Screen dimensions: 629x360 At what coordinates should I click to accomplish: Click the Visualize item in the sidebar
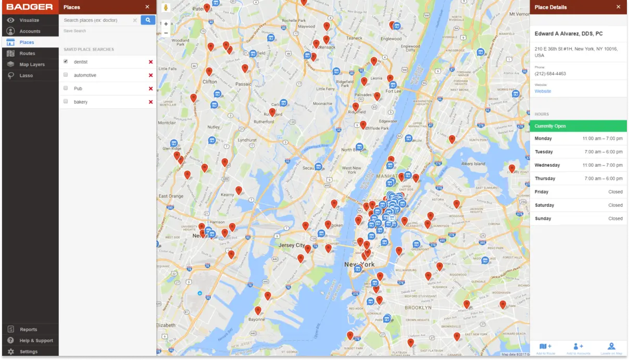29,20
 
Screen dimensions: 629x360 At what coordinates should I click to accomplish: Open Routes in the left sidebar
27,54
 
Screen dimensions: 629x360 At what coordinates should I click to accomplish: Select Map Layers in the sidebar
32,65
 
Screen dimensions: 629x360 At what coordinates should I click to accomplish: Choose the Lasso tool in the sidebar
26,76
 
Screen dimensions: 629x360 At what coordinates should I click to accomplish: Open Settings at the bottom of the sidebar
28,352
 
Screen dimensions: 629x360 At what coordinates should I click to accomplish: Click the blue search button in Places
148,20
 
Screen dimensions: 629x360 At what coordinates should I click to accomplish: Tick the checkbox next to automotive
66,75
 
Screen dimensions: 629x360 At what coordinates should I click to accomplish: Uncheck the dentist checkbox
66,61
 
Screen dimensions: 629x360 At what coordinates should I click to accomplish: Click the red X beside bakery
150,102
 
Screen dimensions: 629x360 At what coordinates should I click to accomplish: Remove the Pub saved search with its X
150,89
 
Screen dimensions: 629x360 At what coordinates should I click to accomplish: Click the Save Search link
75,31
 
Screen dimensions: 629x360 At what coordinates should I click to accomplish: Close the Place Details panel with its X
618,7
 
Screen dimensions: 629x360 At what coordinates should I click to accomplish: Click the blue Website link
543,91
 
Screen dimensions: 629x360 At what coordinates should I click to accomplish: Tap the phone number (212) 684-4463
550,74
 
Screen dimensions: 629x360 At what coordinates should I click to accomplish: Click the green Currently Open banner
578,126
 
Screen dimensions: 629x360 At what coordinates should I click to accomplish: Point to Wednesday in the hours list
547,165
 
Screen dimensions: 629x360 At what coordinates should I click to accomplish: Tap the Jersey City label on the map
292,245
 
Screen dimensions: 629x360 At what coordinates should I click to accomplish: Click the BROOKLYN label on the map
418,308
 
